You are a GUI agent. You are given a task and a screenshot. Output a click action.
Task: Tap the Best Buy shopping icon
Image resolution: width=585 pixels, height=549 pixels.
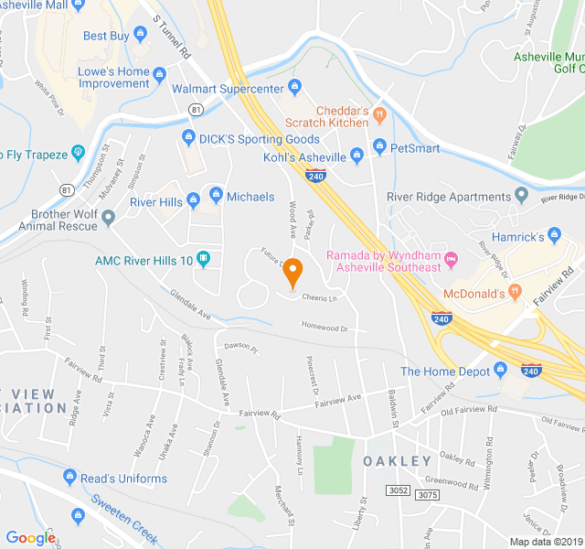click(140, 36)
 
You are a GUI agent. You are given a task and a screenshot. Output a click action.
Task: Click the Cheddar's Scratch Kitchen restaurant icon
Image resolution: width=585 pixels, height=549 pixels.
click(380, 114)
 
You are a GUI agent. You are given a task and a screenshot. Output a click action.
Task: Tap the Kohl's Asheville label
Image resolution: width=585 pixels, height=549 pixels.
click(298, 157)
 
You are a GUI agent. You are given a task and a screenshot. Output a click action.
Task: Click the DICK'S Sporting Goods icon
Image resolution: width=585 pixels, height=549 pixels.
click(188, 139)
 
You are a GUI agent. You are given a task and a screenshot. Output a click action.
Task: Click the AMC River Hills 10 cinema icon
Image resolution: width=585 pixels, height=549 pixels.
click(203, 261)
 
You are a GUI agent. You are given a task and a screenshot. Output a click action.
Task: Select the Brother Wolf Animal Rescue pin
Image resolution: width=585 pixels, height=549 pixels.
click(109, 218)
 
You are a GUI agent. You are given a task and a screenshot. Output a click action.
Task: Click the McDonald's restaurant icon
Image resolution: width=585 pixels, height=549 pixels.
click(516, 292)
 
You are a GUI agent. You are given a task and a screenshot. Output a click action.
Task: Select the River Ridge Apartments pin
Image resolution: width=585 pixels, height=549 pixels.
click(521, 196)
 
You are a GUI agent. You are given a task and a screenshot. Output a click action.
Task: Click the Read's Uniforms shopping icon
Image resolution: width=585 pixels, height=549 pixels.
click(69, 478)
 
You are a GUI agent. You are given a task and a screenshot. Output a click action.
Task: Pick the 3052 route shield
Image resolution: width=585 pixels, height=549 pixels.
click(399, 490)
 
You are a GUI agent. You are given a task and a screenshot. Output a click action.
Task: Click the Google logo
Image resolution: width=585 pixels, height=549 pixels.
click(30, 538)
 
